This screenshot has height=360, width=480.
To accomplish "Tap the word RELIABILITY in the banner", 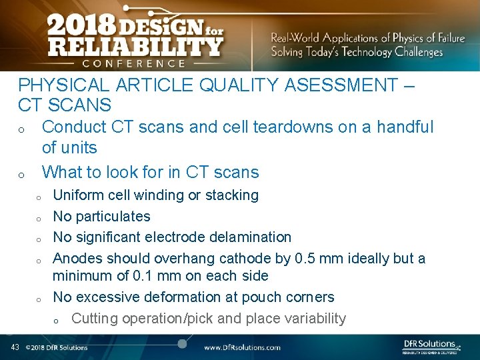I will (x=135, y=47).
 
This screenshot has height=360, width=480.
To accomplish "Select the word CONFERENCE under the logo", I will (x=133, y=63).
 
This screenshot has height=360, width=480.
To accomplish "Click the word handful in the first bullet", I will (x=405, y=127).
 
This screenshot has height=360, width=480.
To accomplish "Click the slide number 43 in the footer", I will (x=15, y=347).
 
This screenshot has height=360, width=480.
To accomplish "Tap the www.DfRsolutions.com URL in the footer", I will (x=242, y=347).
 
